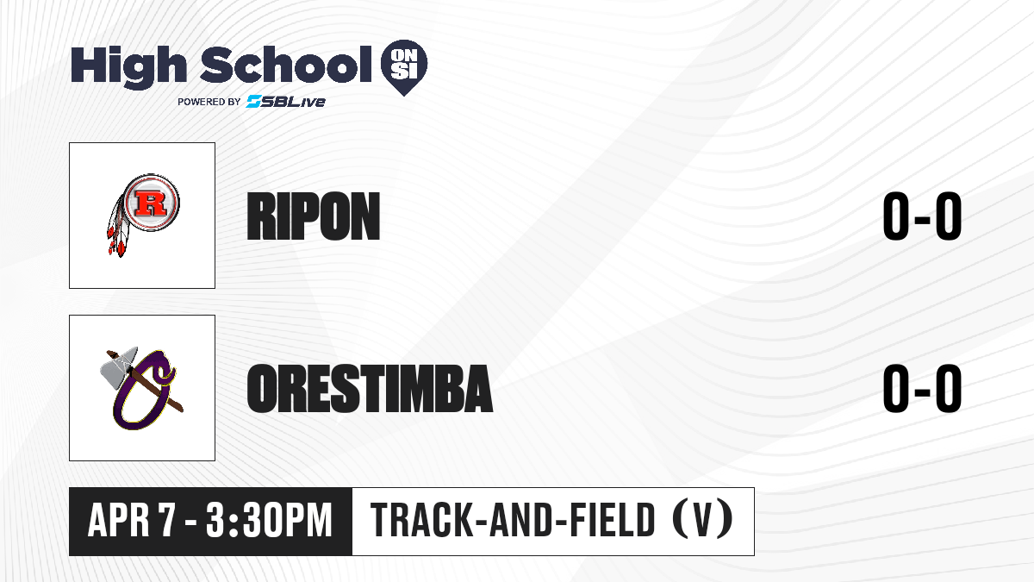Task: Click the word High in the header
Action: point(128,67)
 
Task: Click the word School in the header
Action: point(286,65)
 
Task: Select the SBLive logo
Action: point(286,102)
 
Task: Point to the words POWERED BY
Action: point(209,102)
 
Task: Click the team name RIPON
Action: point(314,216)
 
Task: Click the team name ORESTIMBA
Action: point(370,388)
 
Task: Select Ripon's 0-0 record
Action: point(922,216)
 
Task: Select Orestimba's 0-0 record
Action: point(922,388)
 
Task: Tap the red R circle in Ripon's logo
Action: point(152,203)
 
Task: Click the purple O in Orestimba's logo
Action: point(143,392)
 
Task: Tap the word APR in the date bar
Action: point(119,521)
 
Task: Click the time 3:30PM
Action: point(269,521)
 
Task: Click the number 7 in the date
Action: point(166,521)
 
